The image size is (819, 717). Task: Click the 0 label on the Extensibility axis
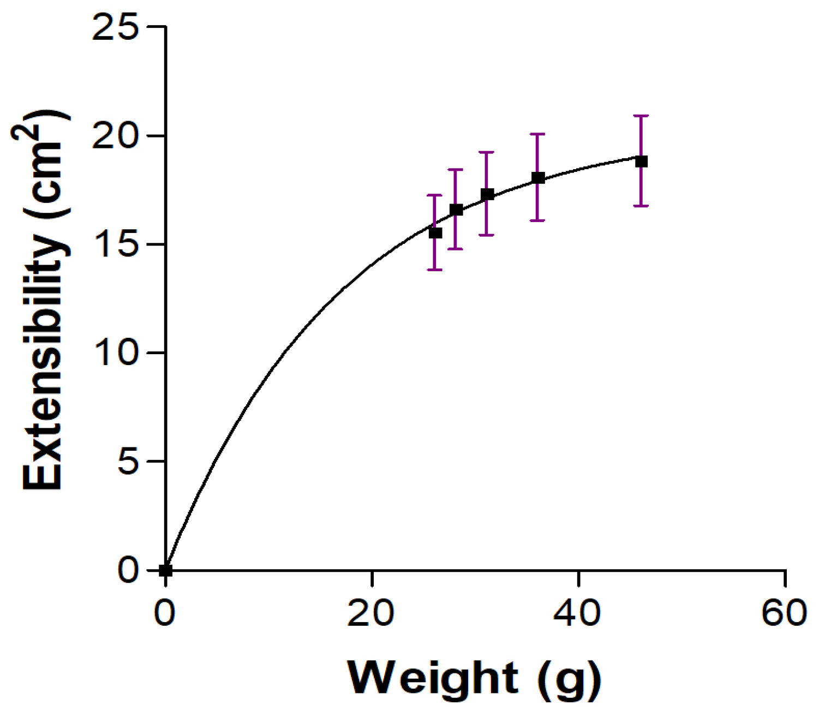[128, 570]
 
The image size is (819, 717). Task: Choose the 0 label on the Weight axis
[164, 613]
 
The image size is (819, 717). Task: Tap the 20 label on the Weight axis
[371, 613]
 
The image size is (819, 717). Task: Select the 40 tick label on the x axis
[577, 613]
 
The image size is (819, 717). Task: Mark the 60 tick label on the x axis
[784, 613]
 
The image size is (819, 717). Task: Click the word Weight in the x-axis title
[433, 678]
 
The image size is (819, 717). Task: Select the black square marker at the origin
[166, 571]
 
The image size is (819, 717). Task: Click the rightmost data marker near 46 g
[642, 162]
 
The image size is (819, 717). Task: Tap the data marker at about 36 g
[538, 177]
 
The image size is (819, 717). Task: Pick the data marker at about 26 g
[435, 233]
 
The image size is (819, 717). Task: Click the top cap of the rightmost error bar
[642, 116]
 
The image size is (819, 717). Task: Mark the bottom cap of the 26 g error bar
[434, 270]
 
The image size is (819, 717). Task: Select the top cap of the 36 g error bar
[538, 134]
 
